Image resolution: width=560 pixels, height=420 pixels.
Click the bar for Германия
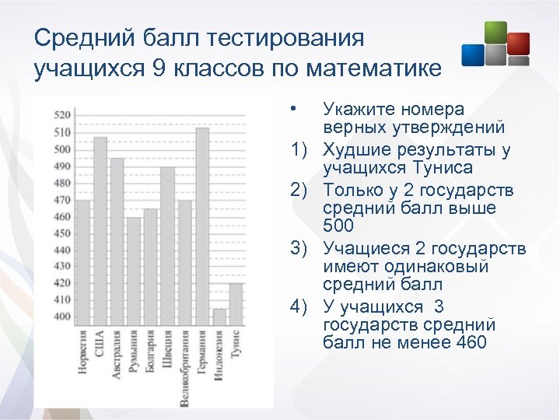[x=202, y=226]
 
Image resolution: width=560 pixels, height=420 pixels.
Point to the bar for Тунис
[x=236, y=304]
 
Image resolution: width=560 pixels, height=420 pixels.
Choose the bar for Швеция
[x=168, y=246]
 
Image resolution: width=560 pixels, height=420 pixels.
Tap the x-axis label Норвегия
[x=83, y=355]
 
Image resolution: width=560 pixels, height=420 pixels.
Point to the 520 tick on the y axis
[x=62, y=115]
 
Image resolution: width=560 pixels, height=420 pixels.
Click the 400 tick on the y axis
[x=62, y=317]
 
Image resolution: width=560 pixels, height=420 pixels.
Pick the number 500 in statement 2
[x=338, y=226]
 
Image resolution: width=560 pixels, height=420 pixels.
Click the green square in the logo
[x=495, y=32]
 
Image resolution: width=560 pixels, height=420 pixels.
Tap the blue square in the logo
[x=473, y=54]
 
